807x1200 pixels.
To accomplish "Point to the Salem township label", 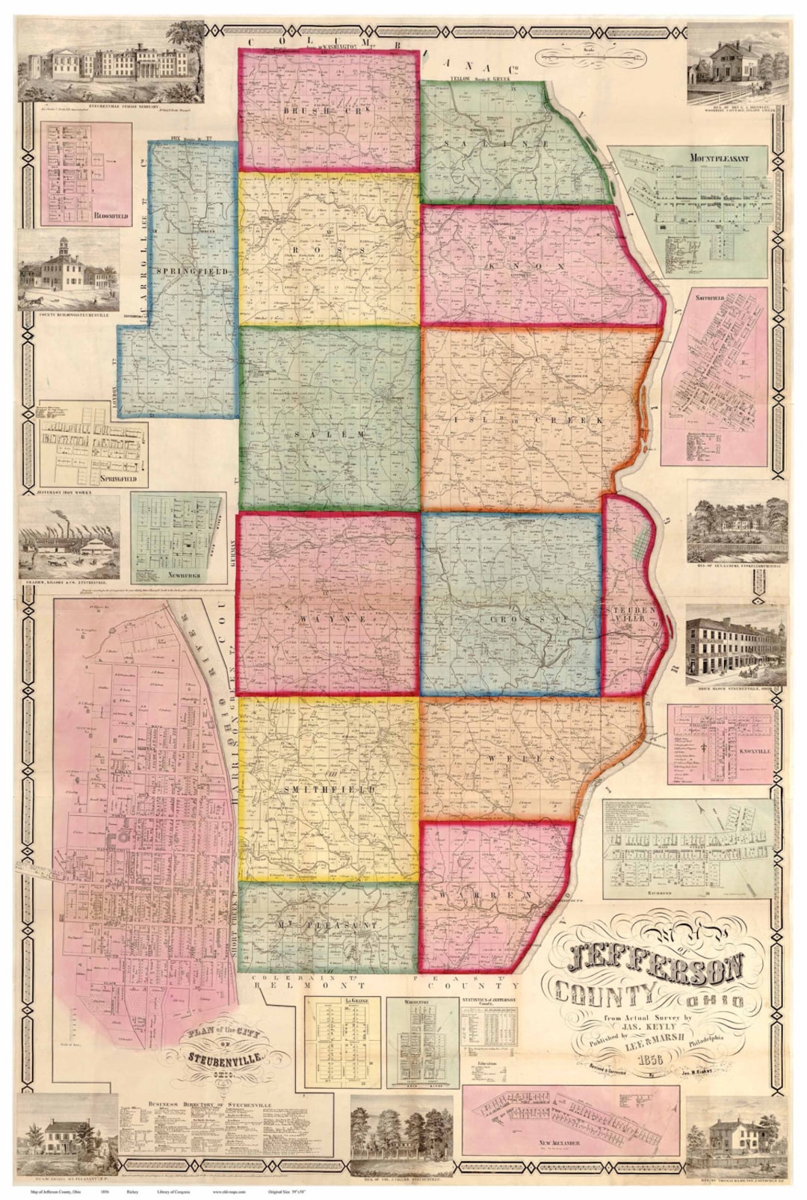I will tap(330, 433).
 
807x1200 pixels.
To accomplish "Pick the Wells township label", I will tap(522, 758).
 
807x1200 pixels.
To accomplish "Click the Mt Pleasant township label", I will tap(328, 925).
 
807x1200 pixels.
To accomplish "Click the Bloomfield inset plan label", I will tap(111, 216).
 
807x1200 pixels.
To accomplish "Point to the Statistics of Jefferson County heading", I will tap(489, 1001).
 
